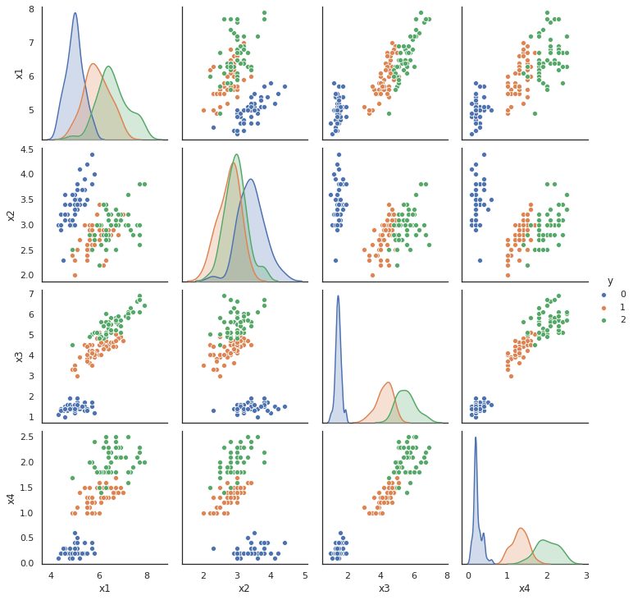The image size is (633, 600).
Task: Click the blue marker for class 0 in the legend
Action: tap(604, 294)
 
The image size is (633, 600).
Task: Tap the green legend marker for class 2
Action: tap(604, 320)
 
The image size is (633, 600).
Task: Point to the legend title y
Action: tap(610, 281)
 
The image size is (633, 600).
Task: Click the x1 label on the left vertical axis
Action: tap(19, 74)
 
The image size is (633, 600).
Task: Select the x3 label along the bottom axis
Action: tap(384, 589)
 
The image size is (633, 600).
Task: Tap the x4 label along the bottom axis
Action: tap(525, 589)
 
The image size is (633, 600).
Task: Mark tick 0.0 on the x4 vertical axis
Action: tap(28, 564)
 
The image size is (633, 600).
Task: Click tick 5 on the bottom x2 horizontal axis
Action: tap(305, 575)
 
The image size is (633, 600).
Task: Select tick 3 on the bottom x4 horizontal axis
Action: tap(586, 575)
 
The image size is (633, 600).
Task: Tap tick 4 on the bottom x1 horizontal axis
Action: tap(52, 575)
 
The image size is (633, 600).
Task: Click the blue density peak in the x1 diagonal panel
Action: tap(75, 13)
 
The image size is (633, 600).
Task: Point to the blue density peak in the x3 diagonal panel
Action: tap(338, 296)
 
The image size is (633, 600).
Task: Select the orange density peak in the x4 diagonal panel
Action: tap(521, 528)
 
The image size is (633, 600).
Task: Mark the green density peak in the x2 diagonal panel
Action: tap(237, 154)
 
